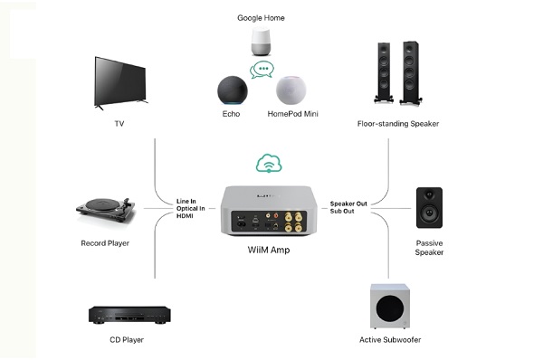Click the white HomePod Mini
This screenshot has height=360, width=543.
pos(291,90)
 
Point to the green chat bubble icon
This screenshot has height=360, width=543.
pos(262,69)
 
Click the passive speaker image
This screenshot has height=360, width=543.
pos(429,208)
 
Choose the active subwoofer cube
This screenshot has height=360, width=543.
pos(389,308)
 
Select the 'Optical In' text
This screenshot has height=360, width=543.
pos(193,209)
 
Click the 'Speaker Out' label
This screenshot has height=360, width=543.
pos(348,204)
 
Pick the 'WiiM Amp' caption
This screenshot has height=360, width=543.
pos(270,249)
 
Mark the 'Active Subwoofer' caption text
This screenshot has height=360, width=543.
pos(390,340)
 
